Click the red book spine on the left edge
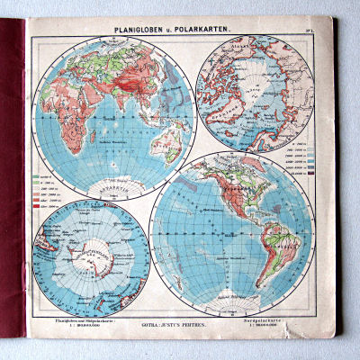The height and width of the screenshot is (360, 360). (11, 180)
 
